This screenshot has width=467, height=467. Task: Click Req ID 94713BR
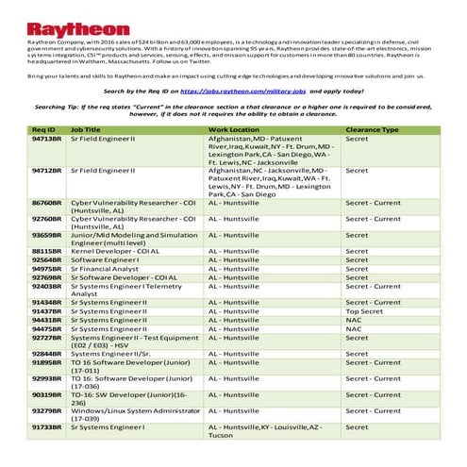(x=46, y=138)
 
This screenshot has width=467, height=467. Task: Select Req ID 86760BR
(x=46, y=203)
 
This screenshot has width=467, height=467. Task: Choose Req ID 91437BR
(x=46, y=309)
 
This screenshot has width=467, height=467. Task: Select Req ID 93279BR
(x=46, y=410)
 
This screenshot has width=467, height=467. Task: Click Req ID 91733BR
(x=46, y=427)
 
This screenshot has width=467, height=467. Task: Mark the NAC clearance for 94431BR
(x=354, y=319)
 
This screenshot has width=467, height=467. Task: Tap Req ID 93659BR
(x=46, y=235)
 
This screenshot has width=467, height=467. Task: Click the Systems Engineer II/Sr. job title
(x=113, y=352)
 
